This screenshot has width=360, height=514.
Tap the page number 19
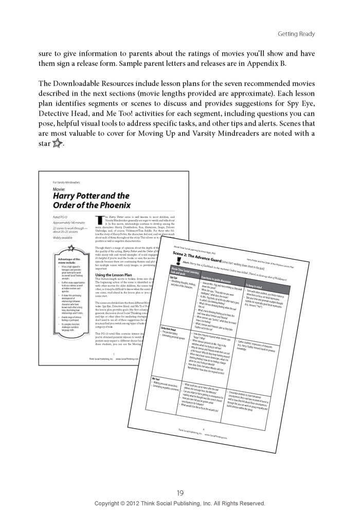click(x=180, y=493)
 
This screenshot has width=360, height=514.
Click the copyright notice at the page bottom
click(x=180, y=504)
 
